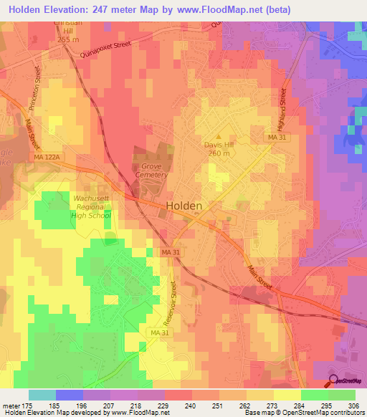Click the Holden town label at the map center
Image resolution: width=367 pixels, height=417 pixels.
pyautogui.click(x=184, y=205)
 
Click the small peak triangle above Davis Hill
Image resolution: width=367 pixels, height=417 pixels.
pyautogui.click(x=219, y=135)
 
